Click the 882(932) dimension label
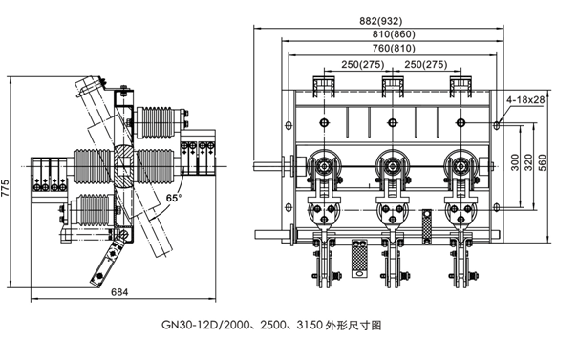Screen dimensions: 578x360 tap(381, 21)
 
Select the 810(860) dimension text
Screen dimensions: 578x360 tap(394, 34)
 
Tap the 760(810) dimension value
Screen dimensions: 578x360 tap(394, 49)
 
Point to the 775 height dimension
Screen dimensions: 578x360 tap(5, 188)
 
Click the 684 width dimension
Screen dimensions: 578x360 tap(119, 292)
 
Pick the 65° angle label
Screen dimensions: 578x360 tap(174, 198)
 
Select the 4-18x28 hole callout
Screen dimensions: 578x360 tap(525, 99)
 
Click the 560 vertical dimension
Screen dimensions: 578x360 tap(543, 162)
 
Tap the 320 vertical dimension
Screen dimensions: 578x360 tap(528, 162)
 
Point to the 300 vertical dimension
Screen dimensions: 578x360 tap(515, 162)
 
